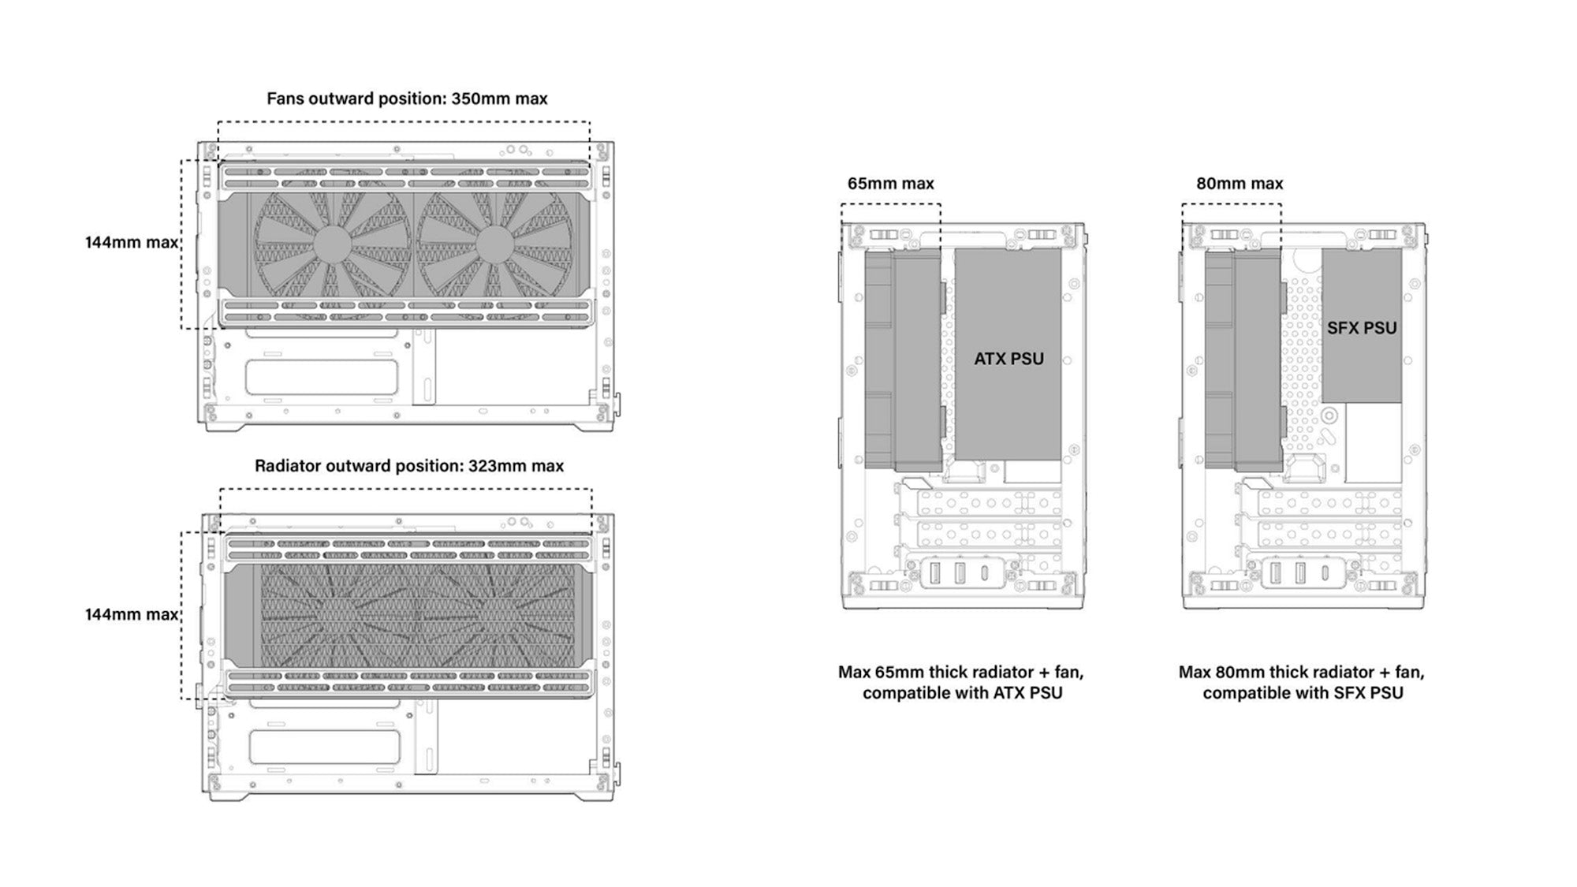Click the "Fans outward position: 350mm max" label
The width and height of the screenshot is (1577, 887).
(407, 99)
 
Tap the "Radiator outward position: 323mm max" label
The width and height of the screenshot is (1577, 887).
(408, 466)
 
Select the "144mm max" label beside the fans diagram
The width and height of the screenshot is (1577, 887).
(132, 243)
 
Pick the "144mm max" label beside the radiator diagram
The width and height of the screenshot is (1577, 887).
(132, 614)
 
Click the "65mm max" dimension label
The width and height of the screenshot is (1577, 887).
(890, 184)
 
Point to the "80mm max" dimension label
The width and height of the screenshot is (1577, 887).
(1240, 184)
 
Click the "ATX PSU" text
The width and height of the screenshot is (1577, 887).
(1008, 359)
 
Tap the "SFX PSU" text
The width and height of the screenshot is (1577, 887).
(1362, 328)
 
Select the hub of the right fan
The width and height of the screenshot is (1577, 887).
(495, 244)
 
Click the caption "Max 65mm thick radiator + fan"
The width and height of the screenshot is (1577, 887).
(960, 673)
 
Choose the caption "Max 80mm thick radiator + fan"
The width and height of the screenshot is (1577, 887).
(1302, 673)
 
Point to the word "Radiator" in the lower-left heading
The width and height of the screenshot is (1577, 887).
(287, 466)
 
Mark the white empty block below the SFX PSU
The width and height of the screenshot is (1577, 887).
(1373, 443)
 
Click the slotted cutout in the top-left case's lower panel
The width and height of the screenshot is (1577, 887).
(320, 378)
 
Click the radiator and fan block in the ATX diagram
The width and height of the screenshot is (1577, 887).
(903, 360)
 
